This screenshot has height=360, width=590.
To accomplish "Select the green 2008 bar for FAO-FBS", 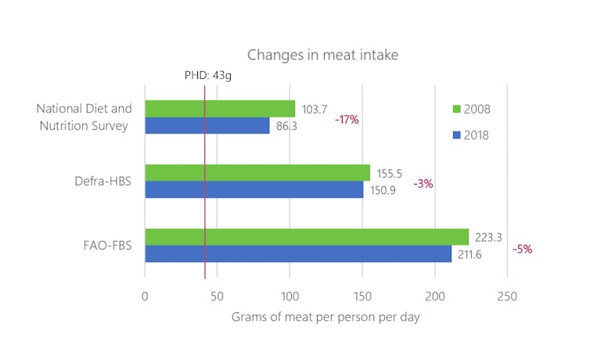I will (307, 236).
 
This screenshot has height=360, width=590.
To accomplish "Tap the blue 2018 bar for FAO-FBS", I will (298, 254).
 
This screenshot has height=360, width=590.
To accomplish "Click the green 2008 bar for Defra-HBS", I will (257, 172).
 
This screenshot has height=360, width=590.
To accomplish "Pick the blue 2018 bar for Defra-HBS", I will (254, 189).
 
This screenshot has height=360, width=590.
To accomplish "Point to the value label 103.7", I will (316, 109).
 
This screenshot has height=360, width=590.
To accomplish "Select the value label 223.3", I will (490, 236).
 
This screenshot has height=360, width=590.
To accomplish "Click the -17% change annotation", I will (347, 120).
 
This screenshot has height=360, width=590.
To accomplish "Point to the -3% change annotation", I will (423, 184).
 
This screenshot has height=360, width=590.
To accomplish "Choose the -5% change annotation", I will (522, 249).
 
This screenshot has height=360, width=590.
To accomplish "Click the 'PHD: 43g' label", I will (208, 75).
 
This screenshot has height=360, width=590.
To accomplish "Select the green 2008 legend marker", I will (458, 109).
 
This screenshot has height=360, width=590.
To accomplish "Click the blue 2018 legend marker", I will (458, 135).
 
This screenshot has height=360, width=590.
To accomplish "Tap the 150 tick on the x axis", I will (362, 297).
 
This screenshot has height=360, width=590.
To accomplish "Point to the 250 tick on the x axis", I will (506, 297).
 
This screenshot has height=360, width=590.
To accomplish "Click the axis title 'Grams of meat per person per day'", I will (326, 318).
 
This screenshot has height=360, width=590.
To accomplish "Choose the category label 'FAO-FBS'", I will (106, 246).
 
